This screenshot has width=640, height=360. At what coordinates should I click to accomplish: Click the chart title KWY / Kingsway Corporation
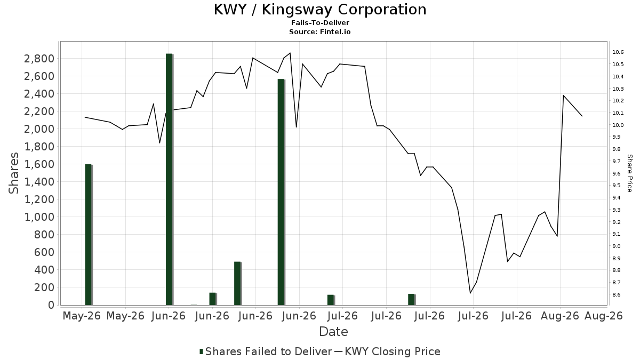[x=320, y=10]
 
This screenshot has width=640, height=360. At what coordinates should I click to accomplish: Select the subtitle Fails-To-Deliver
[x=320, y=22]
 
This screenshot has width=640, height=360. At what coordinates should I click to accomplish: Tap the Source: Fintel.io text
[x=319, y=31]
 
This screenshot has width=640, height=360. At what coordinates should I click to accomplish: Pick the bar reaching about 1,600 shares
[x=89, y=235]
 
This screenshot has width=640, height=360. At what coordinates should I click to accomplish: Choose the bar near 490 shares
[x=238, y=283]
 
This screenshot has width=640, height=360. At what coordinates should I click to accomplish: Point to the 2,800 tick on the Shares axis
[x=39, y=59]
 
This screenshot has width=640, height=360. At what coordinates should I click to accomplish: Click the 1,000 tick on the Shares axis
[x=39, y=217]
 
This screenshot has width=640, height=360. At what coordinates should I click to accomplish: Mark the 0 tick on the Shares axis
[x=51, y=305]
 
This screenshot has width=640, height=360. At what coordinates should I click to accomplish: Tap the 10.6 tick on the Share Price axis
[x=618, y=52]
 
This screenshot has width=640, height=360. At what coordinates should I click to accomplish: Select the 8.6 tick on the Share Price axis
[x=618, y=294]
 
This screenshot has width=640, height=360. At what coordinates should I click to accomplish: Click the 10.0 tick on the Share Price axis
[x=618, y=125]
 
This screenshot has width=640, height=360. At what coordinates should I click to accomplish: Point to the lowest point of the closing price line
[x=470, y=293]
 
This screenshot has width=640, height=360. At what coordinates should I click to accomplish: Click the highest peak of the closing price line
[x=290, y=53]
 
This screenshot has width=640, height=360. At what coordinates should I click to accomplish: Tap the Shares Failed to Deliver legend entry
[x=266, y=351]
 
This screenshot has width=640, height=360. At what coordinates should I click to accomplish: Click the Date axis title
[x=333, y=332]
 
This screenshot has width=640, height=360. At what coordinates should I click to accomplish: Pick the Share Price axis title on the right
[x=629, y=173]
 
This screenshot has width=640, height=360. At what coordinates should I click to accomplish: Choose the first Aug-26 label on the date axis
[x=560, y=316]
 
